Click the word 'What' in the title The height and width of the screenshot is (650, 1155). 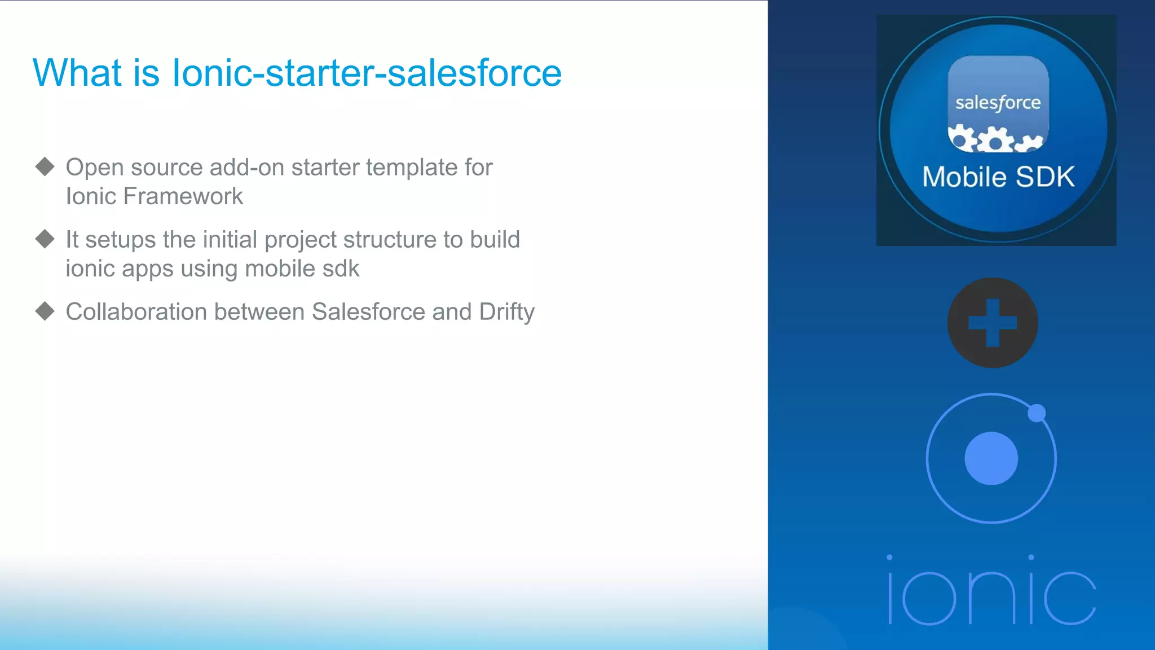77,73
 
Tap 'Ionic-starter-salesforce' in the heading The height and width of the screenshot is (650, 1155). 367,73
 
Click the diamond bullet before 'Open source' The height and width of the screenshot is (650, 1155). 45,166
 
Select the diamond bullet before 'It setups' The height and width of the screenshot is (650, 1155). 45,239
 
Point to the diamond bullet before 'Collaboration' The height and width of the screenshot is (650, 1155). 45,311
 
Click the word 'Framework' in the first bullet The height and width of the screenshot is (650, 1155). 183,196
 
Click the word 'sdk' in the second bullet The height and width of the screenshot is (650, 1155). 341,269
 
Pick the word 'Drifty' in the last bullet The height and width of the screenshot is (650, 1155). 506,312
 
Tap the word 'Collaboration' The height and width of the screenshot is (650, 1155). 136,312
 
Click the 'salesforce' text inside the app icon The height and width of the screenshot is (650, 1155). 998,103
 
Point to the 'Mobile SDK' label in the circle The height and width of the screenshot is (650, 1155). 998,177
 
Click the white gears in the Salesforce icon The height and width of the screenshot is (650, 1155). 995,139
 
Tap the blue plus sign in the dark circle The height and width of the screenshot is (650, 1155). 992,323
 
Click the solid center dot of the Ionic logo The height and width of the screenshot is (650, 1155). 991,458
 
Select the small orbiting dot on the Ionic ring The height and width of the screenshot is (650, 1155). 1036,413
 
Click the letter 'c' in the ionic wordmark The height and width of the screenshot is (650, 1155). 1069,598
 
